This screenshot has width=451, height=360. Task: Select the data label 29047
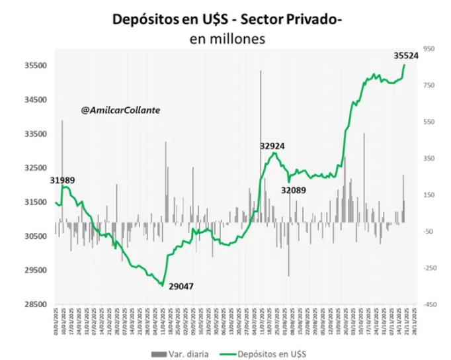tap(181, 287)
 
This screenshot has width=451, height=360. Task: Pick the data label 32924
tap(272, 145)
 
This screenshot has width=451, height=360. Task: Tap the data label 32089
tap(294, 189)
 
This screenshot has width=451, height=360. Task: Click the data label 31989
tap(62, 180)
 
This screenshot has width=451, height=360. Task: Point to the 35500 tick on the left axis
tap(32, 66)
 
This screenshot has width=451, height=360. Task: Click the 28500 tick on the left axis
tap(32, 304)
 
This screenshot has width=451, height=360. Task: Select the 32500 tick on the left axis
tap(32, 168)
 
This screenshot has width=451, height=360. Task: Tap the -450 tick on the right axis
tap(429, 304)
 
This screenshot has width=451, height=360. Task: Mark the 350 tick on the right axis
tap(429, 159)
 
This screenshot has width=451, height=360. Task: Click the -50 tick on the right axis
tap(429, 232)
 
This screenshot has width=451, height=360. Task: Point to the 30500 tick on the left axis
tap(32, 236)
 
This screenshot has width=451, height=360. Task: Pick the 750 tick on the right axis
tap(429, 85)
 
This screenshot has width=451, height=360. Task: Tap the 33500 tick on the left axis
tap(32, 134)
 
